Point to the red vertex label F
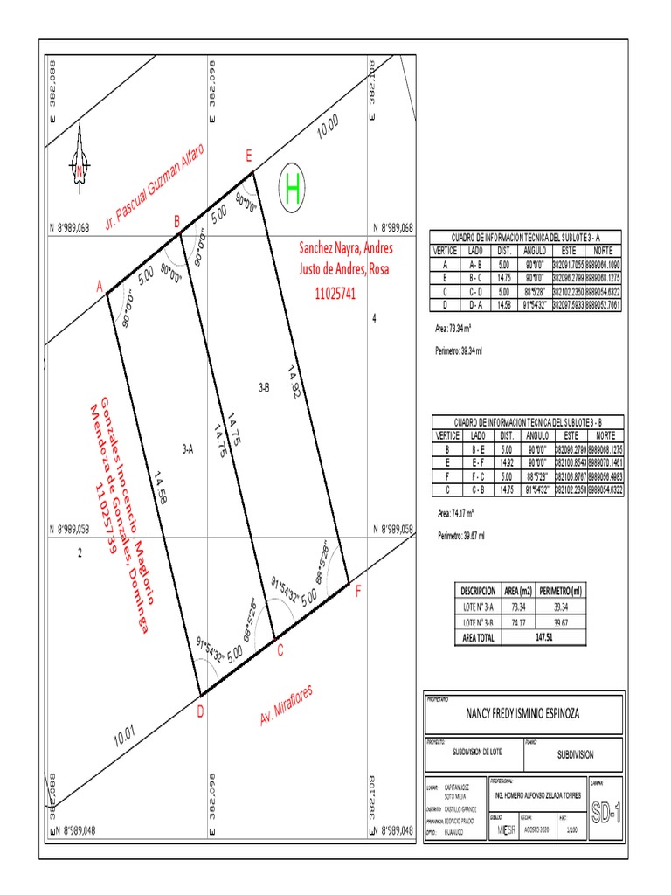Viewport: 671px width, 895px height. point(356,592)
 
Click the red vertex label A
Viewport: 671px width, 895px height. point(100,286)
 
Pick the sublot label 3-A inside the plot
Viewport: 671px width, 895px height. point(187,449)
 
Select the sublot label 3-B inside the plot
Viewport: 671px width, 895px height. point(264,385)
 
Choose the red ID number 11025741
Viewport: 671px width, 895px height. point(335,295)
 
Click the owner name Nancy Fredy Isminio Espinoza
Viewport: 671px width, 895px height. point(522,714)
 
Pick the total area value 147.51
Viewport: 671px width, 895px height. point(544,638)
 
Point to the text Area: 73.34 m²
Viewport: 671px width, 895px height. point(453,330)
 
